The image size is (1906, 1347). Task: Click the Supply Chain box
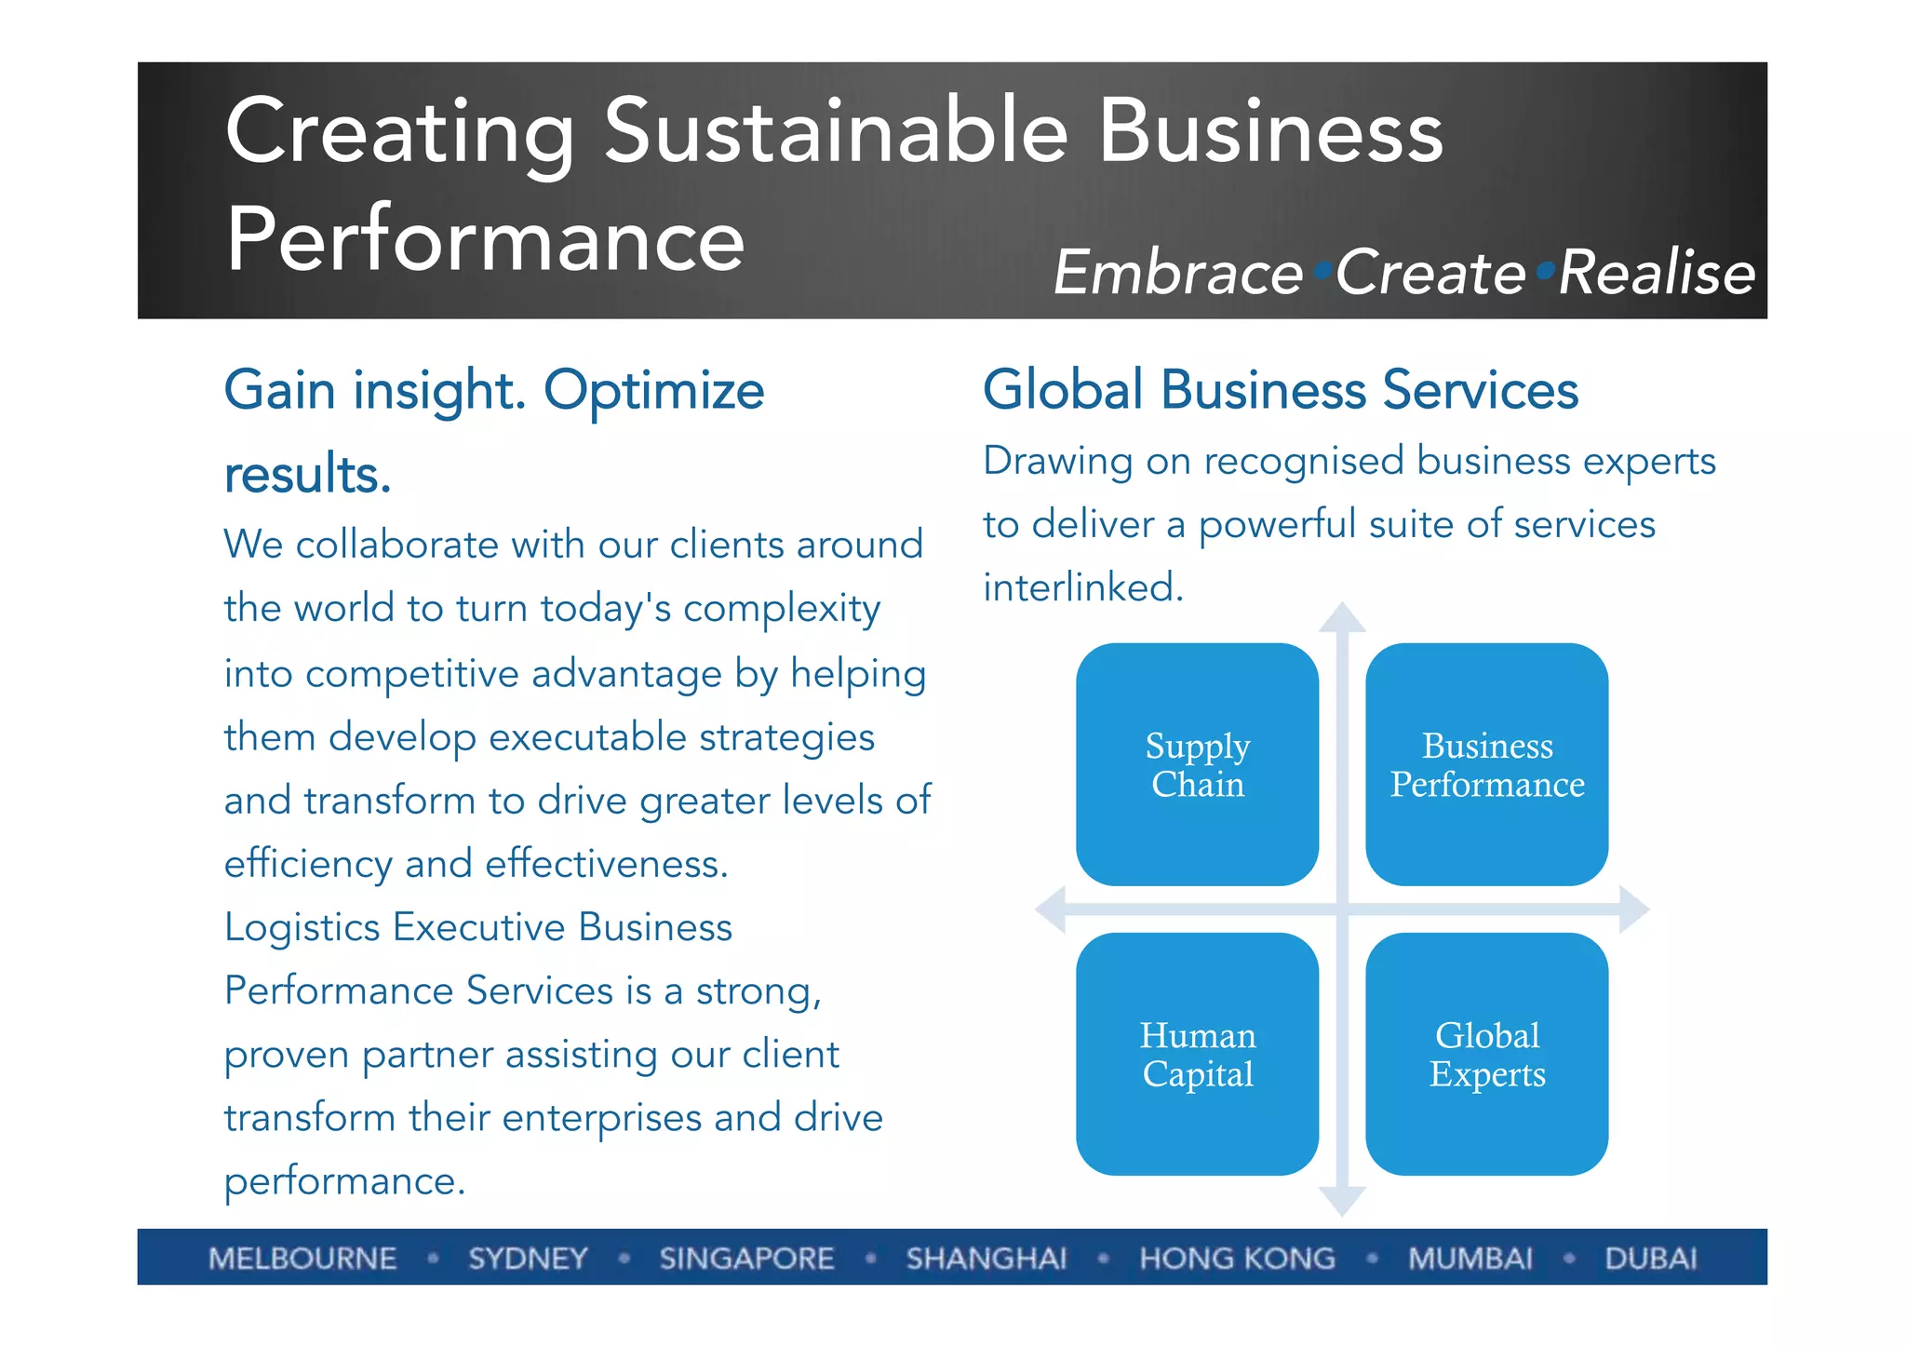click(x=1197, y=764)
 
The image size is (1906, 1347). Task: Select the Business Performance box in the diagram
click(x=1486, y=764)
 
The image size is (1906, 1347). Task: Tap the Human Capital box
click(x=1197, y=1054)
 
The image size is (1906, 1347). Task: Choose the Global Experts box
click(x=1486, y=1054)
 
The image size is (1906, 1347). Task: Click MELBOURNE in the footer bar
click(x=302, y=1259)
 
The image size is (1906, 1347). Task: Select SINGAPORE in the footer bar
click(x=746, y=1259)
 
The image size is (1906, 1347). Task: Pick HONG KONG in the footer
click(x=1237, y=1259)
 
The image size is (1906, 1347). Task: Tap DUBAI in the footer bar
click(x=1650, y=1259)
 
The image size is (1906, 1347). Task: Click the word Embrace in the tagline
click(x=1178, y=274)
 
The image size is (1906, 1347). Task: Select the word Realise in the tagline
click(x=1657, y=274)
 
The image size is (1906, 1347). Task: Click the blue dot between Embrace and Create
click(x=1322, y=271)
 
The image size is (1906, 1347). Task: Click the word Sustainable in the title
click(x=836, y=132)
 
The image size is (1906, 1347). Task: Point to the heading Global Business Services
click(x=1281, y=389)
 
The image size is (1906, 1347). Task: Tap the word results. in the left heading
click(x=308, y=475)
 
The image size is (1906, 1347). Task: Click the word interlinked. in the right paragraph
click(x=1083, y=587)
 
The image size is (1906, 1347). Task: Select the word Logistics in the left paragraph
click(x=302, y=928)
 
